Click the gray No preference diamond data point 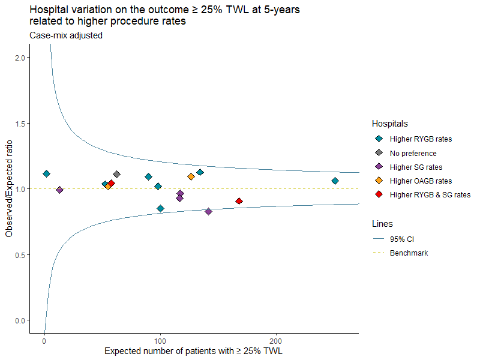(116, 175)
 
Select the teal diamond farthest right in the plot (335, 181)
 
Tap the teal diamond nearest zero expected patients (47, 174)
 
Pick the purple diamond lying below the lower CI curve (208, 212)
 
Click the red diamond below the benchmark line (239, 201)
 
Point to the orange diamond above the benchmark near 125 (191, 176)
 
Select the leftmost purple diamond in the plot (59, 190)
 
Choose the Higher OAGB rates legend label (421, 181)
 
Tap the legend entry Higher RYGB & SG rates (430, 194)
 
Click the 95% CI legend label (401, 239)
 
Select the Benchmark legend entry (409, 253)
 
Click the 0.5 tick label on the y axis (21, 254)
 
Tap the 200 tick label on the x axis (275, 341)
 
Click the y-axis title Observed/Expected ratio (9, 188)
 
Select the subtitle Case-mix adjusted (66, 35)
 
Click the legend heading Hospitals (389, 124)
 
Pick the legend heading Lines (382, 224)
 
